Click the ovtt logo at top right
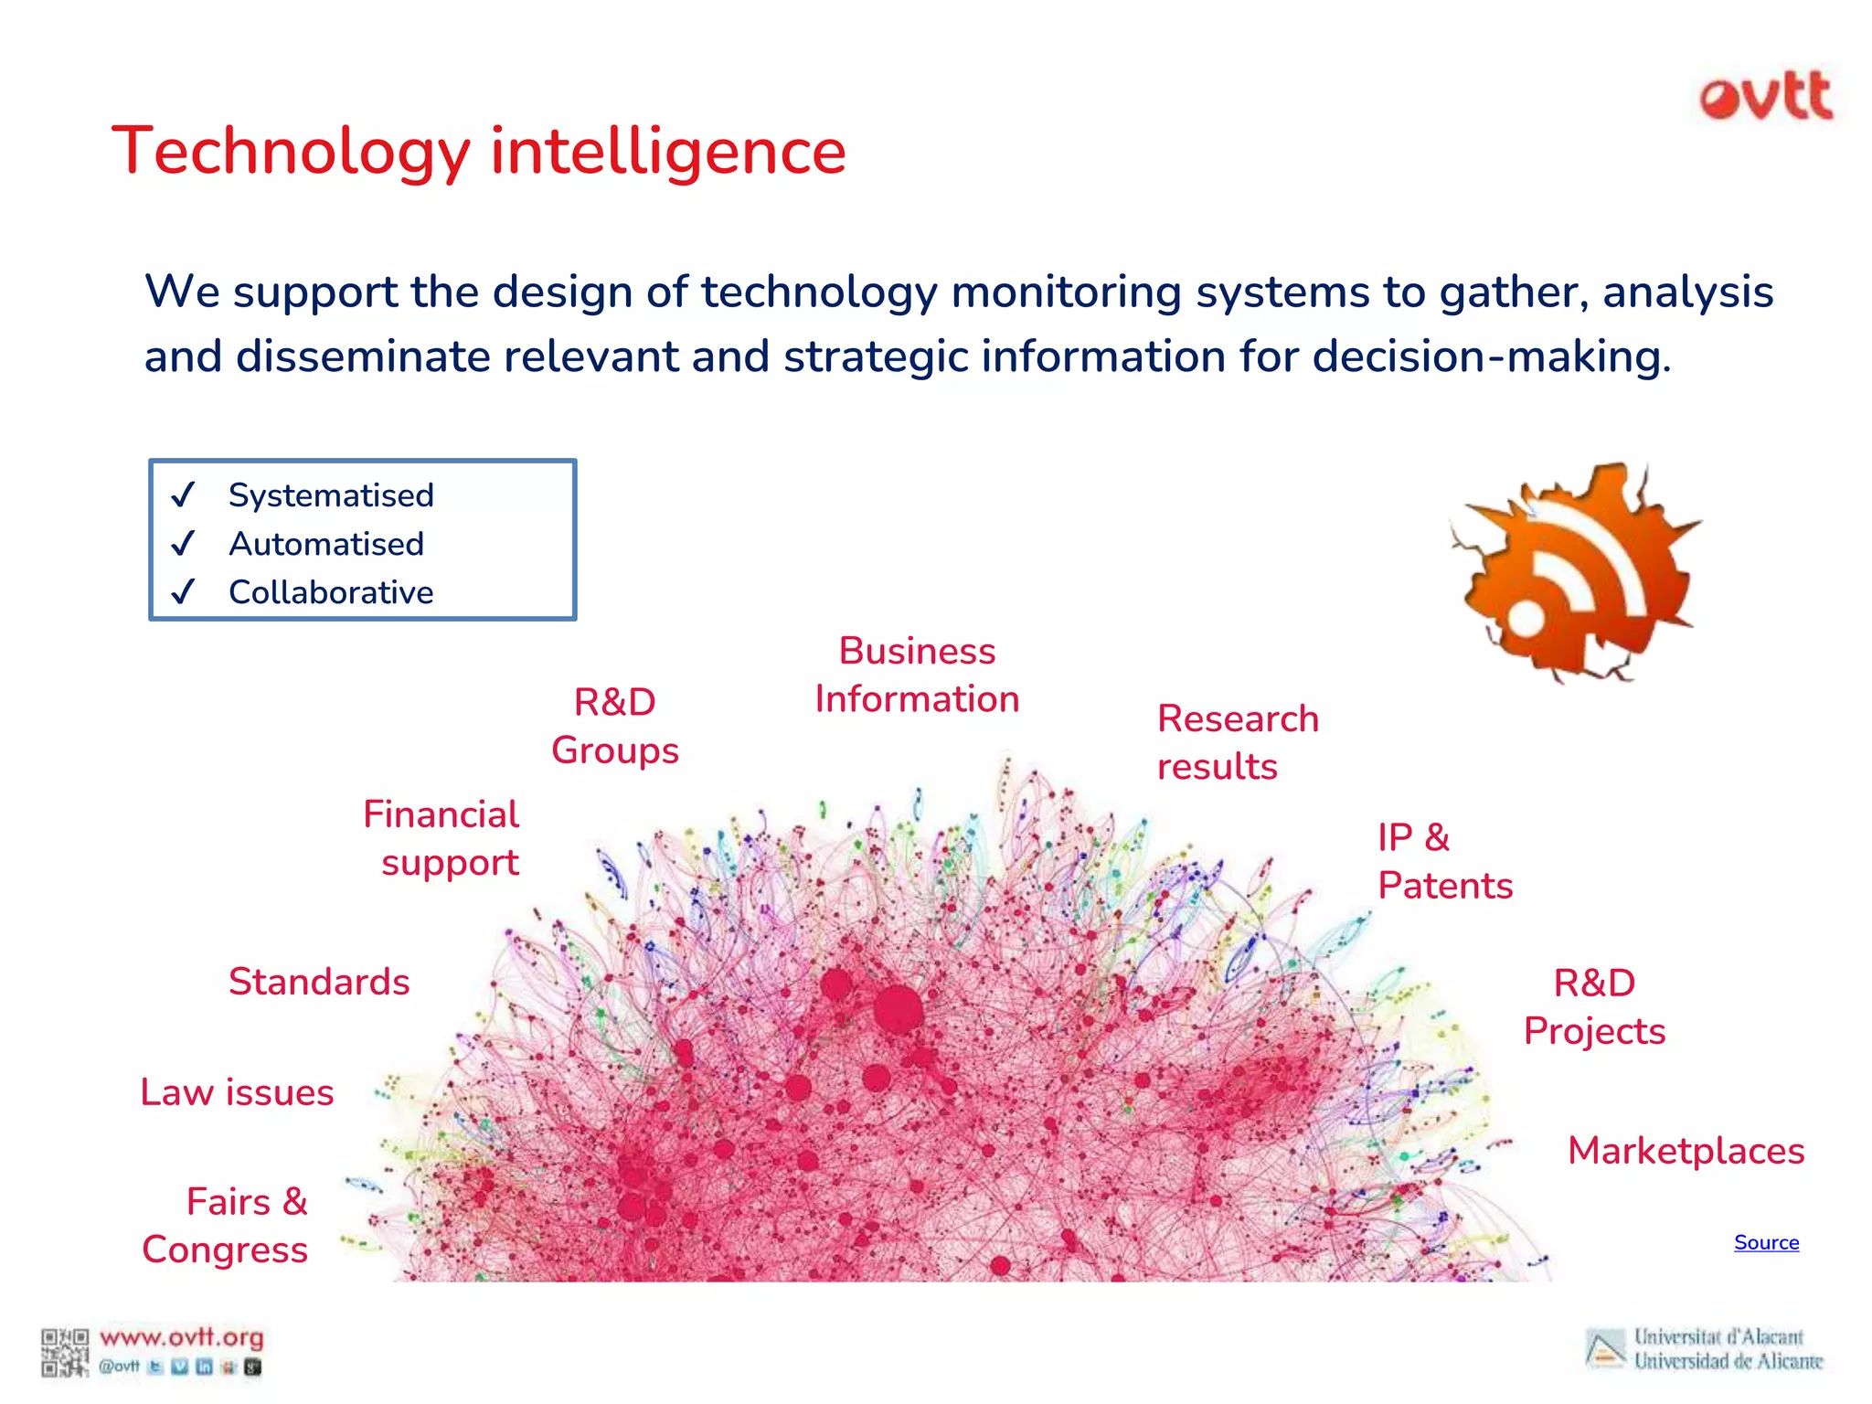(1766, 96)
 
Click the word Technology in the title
(291, 152)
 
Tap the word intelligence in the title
(668, 152)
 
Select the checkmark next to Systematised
(184, 495)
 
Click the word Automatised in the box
(326, 544)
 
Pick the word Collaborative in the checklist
(331, 592)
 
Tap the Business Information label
(917, 675)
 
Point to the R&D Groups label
(615, 727)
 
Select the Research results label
(1237, 742)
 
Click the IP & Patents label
(1444, 861)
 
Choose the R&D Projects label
(1594, 1007)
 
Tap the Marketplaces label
(1686, 1151)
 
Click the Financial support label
(441, 838)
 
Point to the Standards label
(319, 982)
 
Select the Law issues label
(237, 1092)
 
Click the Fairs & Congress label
(226, 1226)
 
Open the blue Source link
(1766, 1242)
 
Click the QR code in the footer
(64, 1352)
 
